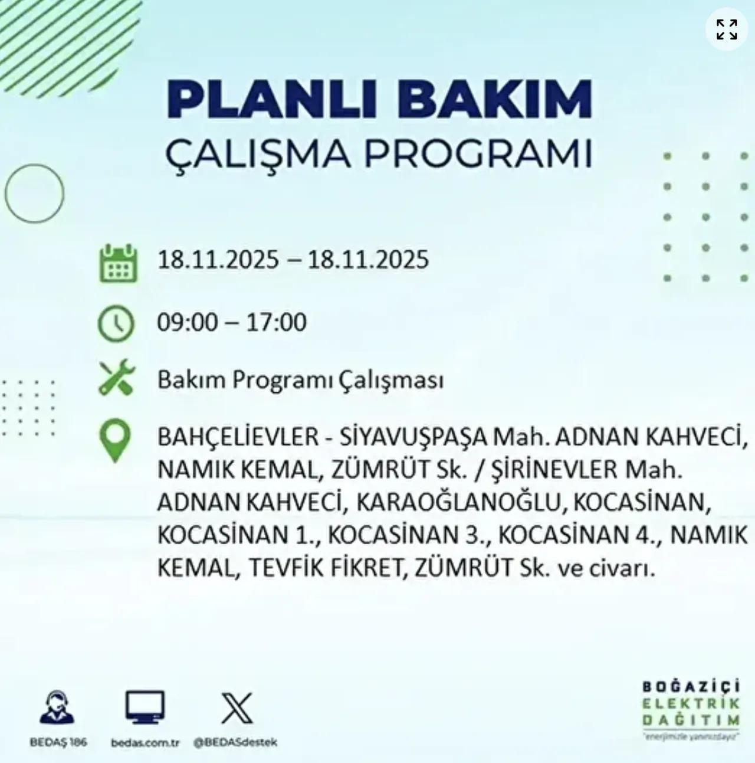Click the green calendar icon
[118, 264]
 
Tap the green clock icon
[116, 323]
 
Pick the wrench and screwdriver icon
[117, 379]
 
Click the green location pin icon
[116, 440]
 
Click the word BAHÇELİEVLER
[238, 437]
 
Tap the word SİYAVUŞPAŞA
[413, 437]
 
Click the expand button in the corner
[726, 28]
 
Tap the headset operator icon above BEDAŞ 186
[57, 708]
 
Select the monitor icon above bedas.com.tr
[145, 708]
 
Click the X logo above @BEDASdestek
[237, 708]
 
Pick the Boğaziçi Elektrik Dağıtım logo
[691, 710]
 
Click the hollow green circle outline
[34, 194]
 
